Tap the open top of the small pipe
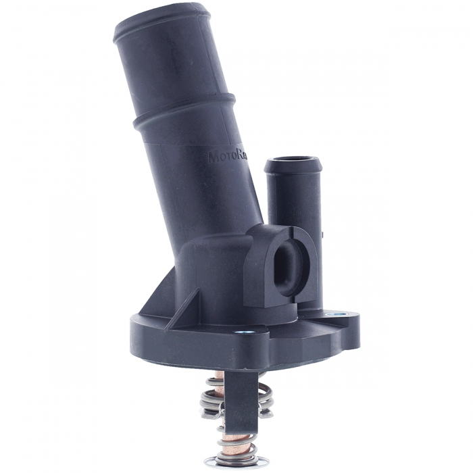click(x=291, y=162)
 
